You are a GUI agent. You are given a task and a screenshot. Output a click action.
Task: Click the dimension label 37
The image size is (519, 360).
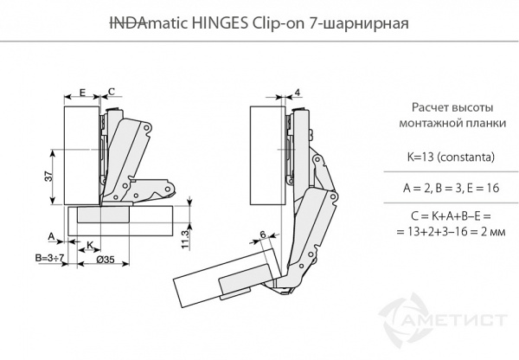pos(48,175)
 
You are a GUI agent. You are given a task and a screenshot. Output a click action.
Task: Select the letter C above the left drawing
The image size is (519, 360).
pos(111,90)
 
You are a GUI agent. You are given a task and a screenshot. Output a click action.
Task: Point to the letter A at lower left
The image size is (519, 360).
pos(51,235)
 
